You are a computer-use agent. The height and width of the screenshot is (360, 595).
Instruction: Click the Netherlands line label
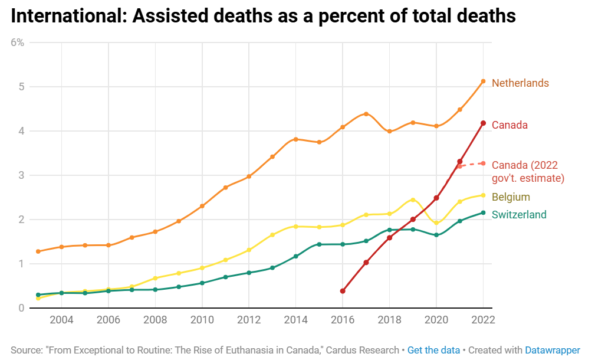(x=520, y=83)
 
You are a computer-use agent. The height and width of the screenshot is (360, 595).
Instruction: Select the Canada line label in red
(x=509, y=125)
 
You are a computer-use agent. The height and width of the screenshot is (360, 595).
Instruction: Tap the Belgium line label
(x=511, y=197)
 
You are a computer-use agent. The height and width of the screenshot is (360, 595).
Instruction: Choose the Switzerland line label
(x=519, y=215)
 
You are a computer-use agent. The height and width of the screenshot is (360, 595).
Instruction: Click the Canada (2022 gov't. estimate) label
(x=528, y=171)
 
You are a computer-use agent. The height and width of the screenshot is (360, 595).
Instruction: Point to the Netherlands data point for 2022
(x=483, y=81)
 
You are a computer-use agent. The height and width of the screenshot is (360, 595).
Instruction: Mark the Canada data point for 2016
(x=343, y=291)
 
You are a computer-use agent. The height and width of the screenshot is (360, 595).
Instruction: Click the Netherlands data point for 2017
(x=366, y=114)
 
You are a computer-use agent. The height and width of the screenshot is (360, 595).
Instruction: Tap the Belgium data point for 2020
(x=436, y=223)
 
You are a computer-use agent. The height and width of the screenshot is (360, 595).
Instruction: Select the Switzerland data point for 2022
(x=483, y=212)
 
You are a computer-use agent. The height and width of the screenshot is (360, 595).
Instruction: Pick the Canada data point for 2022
(x=483, y=123)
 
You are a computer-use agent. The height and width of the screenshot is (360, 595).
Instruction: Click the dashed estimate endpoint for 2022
(x=483, y=163)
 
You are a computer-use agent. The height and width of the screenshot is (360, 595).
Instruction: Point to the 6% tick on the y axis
(x=17, y=42)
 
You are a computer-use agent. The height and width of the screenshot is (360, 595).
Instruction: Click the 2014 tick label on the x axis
(x=295, y=320)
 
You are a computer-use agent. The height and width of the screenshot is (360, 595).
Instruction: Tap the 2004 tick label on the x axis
(x=61, y=320)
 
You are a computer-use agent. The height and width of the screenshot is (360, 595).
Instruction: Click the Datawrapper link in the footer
(x=553, y=350)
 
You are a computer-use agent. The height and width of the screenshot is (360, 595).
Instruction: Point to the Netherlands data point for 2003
(x=38, y=251)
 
